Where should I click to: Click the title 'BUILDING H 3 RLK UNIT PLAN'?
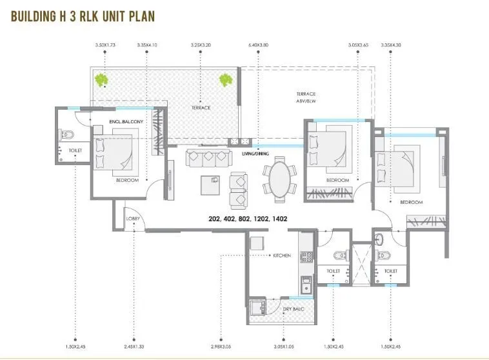click(x=83, y=15)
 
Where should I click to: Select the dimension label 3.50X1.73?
click(x=105, y=45)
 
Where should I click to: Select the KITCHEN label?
click(x=282, y=255)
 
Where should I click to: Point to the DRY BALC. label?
click(x=293, y=309)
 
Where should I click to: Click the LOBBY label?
click(x=132, y=219)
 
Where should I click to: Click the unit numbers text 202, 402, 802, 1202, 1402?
click(x=248, y=219)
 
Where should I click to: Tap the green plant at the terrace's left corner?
click(x=101, y=80)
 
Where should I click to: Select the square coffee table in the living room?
click(x=209, y=185)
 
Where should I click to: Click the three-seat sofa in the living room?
click(x=208, y=157)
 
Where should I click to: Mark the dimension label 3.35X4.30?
click(x=392, y=45)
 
